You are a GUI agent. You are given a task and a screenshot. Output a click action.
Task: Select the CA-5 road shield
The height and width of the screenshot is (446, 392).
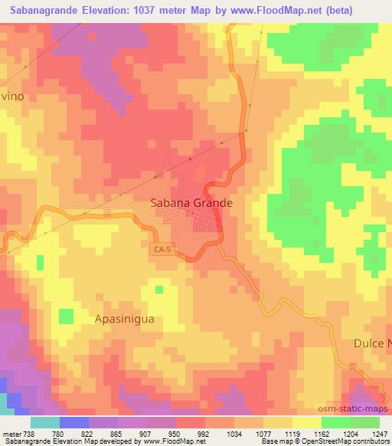tap(161, 250)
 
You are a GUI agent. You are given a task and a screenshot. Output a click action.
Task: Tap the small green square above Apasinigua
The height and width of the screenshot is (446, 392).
tap(158, 290)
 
